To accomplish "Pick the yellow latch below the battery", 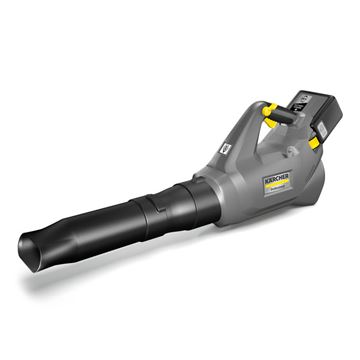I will [315, 143].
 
